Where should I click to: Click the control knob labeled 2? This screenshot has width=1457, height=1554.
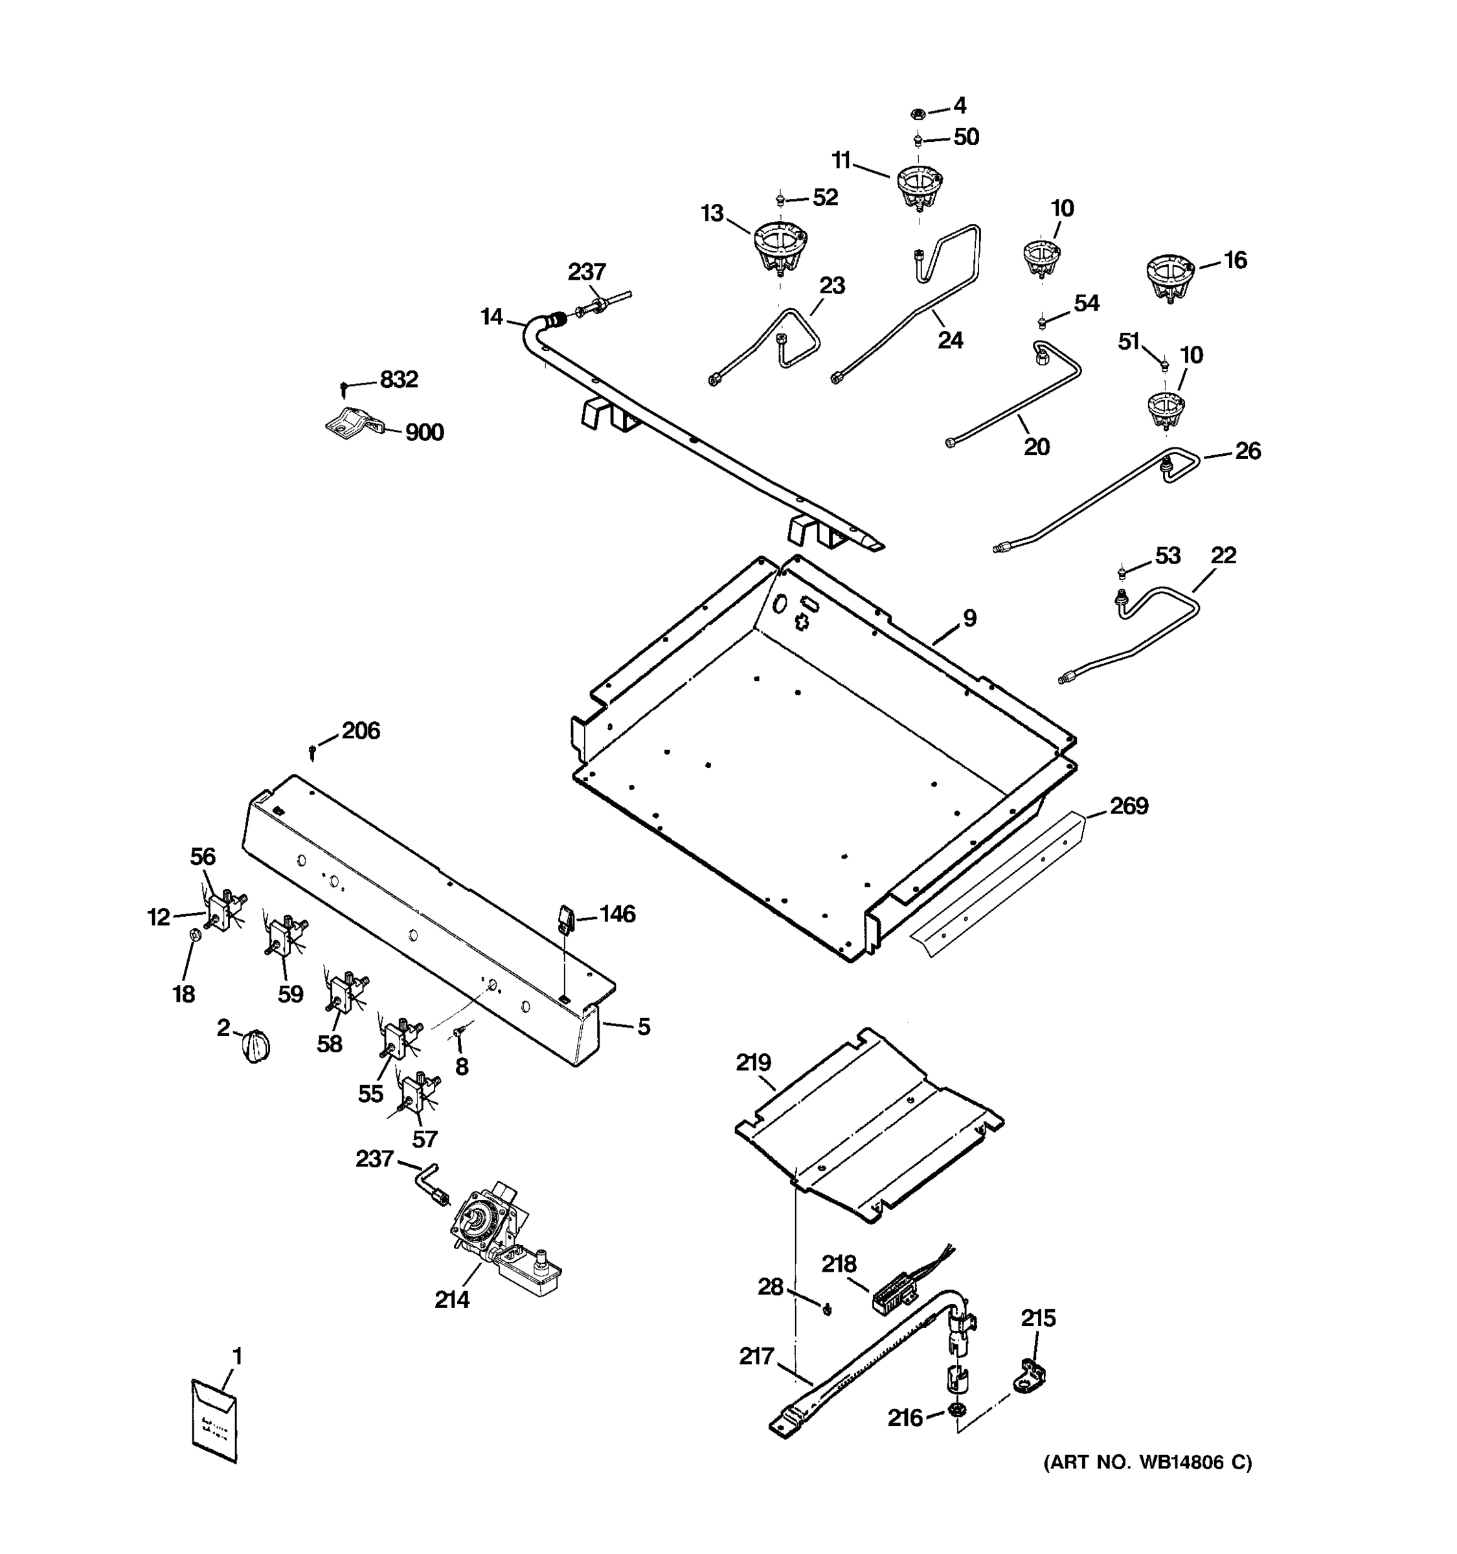point(256,1046)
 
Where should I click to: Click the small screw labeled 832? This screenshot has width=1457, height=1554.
point(343,388)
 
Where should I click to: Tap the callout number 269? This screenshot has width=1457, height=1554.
point(1129,805)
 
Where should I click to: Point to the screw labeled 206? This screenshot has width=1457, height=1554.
point(313,752)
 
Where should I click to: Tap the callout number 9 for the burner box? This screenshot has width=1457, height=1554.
point(969,618)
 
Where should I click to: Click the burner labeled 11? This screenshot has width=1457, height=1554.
point(918,188)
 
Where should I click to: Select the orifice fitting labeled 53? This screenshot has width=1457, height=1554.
point(1122,572)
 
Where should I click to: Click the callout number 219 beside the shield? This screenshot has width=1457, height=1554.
point(752,1063)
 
